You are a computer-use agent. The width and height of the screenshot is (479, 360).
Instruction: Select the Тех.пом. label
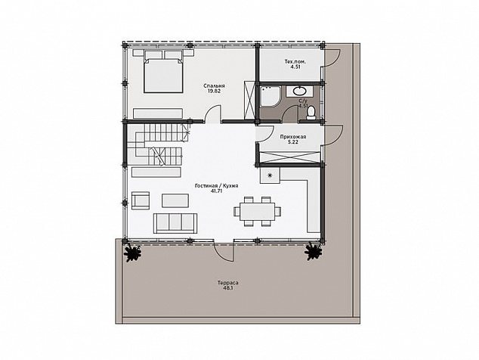click(x=295, y=61)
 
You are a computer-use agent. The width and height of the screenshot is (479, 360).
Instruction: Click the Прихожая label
click(x=293, y=137)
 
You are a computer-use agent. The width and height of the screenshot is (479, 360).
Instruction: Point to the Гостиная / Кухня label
click(x=217, y=185)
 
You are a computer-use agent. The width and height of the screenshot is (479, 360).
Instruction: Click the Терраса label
click(x=228, y=283)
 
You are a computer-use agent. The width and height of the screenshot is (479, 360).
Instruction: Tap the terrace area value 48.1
click(x=228, y=288)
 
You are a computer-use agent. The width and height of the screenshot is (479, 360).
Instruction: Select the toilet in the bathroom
click(x=311, y=112)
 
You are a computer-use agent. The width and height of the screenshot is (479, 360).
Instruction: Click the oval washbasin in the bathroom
click(x=299, y=91)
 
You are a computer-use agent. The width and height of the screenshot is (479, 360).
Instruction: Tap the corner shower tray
click(x=270, y=97)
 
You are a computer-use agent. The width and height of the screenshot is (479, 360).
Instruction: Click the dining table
click(x=258, y=211)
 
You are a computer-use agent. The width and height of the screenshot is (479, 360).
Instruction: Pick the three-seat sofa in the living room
click(x=175, y=223)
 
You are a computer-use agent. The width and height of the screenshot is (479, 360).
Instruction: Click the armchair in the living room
click(x=141, y=200)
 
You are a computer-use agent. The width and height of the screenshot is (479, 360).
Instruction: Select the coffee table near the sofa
click(x=175, y=200)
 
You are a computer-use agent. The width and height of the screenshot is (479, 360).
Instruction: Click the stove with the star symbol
click(x=270, y=175)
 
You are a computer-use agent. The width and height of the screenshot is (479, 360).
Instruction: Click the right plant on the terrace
click(x=314, y=251)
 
